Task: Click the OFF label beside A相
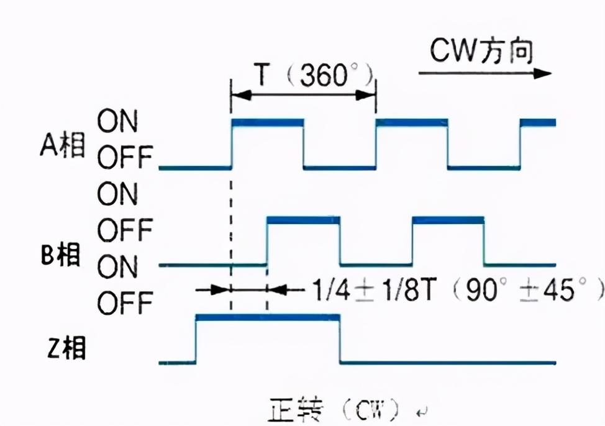click(x=124, y=159)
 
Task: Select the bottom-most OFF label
click(x=124, y=304)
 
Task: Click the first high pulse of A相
click(x=267, y=122)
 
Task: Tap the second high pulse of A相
click(x=412, y=122)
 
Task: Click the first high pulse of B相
click(x=303, y=220)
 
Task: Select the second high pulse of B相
click(x=448, y=220)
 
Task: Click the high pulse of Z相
click(x=267, y=317)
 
